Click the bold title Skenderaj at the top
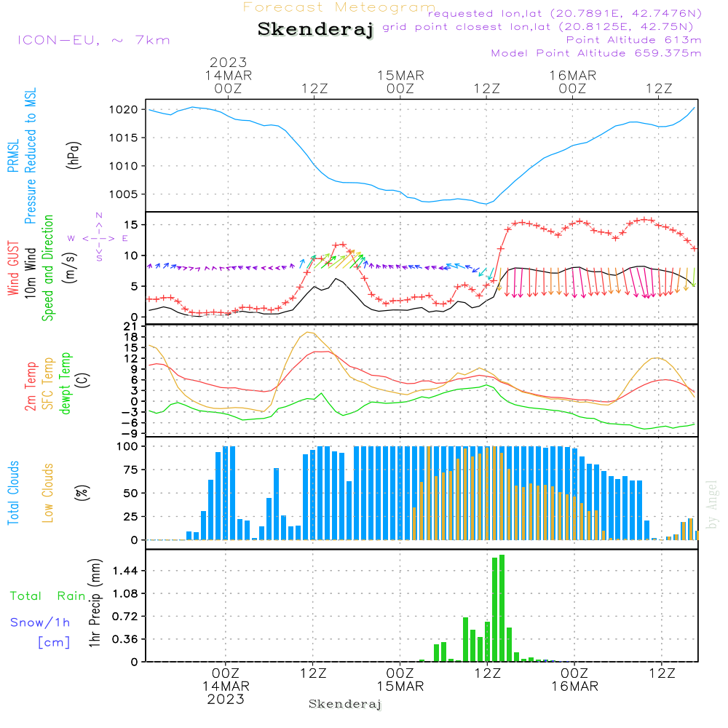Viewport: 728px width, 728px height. point(315,29)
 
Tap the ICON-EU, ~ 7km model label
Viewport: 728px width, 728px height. point(94,40)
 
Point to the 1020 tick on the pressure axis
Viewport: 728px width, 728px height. point(124,110)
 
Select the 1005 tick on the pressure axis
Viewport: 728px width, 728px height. point(124,194)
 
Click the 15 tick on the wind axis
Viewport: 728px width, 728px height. point(131,225)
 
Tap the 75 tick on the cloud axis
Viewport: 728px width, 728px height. point(130,470)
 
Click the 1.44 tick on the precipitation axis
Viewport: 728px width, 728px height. point(125,571)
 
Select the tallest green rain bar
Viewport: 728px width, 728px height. point(502,608)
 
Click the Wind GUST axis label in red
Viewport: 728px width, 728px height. point(13,268)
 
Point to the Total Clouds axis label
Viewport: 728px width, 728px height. point(13,493)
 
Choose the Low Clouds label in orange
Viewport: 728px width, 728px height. point(47,493)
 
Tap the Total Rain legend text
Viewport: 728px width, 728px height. point(47,596)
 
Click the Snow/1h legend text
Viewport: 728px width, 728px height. point(40,622)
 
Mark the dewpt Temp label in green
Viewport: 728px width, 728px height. point(65,383)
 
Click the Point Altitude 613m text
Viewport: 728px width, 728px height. point(633,40)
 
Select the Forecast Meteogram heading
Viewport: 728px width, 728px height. point(339,7)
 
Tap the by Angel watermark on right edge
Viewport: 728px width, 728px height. point(712,505)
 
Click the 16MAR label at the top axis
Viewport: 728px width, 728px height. point(573,76)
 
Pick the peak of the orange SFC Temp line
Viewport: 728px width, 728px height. point(309,332)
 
